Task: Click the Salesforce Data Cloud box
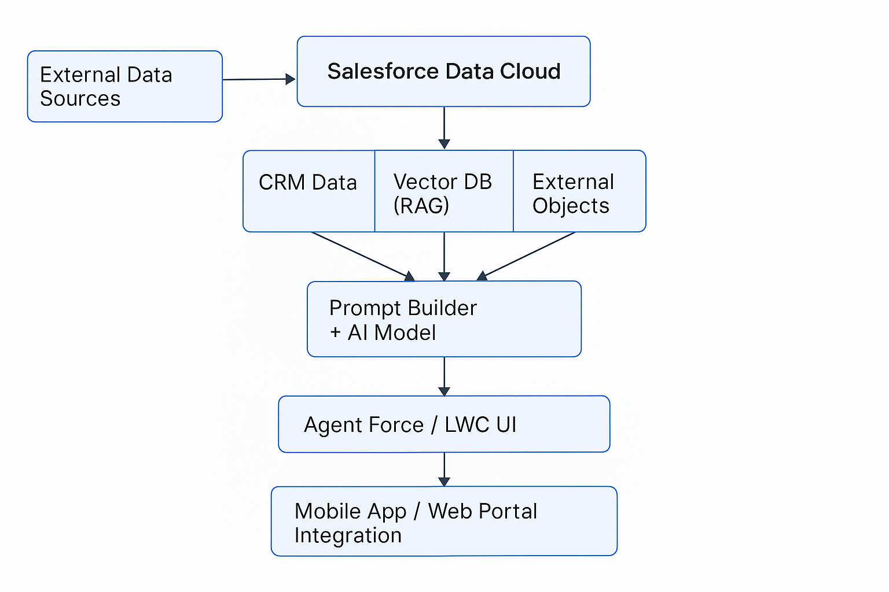tap(443, 71)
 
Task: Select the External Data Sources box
tap(124, 86)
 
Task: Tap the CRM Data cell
tap(308, 191)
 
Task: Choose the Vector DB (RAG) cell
tap(444, 191)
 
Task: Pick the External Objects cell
tap(579, 191)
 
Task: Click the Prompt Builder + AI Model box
tap(444, 319)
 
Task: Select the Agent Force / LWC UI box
tap(444, 424)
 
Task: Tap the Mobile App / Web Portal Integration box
tap(444, 521)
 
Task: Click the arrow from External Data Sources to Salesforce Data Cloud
tap(259, 79)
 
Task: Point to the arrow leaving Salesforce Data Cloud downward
tap(444, 128)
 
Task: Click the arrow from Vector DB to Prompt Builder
tap(444, 257)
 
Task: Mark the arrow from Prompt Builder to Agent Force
tap(444, 376)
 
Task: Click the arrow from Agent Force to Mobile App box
tap(444, 469)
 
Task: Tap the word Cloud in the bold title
tap(530, 71)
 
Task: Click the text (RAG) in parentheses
tap(421, 205)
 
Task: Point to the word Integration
tap(348, 535)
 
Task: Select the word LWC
tap(466, 425)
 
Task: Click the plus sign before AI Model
tap(335, 332)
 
